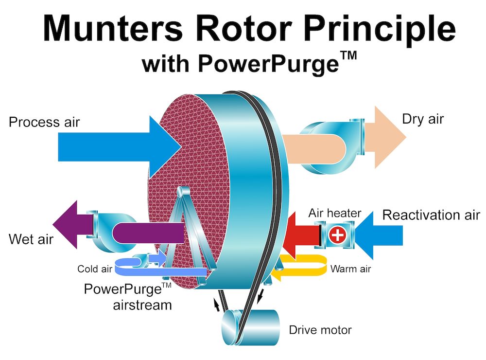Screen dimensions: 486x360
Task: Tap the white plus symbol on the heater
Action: (x=337, y=234)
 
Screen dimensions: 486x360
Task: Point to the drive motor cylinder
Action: (x=250, y=327)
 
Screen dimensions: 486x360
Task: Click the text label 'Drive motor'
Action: (x=320, y=330)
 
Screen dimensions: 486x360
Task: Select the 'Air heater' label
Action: (x=335, y=213)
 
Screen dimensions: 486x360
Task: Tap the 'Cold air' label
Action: (x=95, y=269)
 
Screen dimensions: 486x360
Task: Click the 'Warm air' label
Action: (x=350, y=269)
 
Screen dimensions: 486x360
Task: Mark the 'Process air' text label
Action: (x=44, y=122)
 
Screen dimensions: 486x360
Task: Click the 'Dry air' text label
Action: (x=423, y=119)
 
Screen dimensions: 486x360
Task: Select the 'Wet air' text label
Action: (x=31, y=239)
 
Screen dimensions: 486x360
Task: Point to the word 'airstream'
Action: (x=142, y=305)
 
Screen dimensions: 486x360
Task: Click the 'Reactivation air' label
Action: (x=431, y=215)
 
